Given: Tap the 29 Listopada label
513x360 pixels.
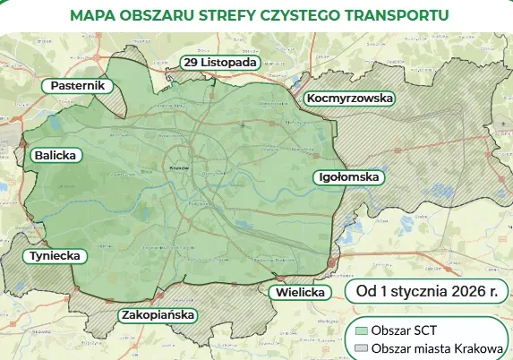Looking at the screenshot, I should point(220,62).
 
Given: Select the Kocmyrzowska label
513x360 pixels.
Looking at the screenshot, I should point(349,98).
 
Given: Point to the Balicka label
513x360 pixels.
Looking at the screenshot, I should point(56,155).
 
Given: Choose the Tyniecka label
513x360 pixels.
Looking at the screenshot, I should point(56,256).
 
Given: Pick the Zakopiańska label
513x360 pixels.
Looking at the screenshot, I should point(157,315).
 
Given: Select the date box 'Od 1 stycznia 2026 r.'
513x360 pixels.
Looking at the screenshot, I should point(426,291).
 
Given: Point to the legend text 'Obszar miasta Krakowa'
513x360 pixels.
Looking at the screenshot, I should point(436,347).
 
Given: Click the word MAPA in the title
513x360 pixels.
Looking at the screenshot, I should point(96,15).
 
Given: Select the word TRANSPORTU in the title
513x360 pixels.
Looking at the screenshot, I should point(399,15).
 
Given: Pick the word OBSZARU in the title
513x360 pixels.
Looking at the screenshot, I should point(162,15).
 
